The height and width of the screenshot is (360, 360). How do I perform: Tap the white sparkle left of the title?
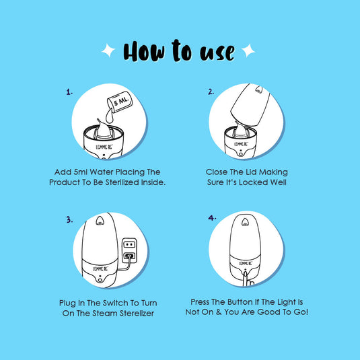108,50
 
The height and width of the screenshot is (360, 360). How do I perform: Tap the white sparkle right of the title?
248,50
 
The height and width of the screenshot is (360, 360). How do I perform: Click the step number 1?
69,92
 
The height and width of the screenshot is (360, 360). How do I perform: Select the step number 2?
211,92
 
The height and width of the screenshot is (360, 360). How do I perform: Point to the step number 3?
69,220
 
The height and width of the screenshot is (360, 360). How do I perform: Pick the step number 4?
212,217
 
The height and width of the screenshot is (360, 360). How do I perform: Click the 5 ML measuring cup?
120,102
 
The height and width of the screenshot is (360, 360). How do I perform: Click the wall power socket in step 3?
129,250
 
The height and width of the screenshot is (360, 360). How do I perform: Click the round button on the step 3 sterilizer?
100,280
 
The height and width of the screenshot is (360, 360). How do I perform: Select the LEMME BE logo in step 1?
104,147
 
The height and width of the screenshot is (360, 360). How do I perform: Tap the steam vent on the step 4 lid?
245,222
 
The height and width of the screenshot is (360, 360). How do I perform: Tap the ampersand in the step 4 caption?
219,312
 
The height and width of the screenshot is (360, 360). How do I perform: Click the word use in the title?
217,52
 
